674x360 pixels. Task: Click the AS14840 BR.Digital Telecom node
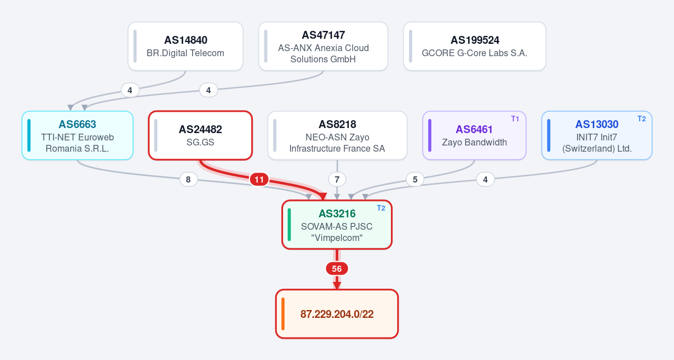click(185, 46)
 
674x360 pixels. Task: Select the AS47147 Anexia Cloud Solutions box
click(323, 46)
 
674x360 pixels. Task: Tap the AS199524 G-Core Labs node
click(475, 46)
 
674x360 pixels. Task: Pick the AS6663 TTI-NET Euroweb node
click(78, 135)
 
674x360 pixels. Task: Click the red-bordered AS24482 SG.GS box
click(201, 135)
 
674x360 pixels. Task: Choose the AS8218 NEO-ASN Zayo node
click(338, 135)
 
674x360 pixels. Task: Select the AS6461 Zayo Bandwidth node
click(474, 135)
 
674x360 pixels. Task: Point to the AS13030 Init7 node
click(596, 135)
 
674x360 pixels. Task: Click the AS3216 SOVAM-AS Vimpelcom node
click(337, 225)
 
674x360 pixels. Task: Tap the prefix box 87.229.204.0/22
click(337, 314)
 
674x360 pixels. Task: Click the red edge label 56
click(337, 268)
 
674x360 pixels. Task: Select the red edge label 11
click(259, 180)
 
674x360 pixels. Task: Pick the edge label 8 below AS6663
click(188, 180)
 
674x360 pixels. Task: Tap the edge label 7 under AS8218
click(337, 180)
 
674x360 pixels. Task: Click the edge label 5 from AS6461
click(415, 180)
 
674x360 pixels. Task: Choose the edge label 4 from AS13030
click(485, 180)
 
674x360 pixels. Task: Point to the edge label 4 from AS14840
click(130, 90)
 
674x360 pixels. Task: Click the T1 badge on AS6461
click(515, 119)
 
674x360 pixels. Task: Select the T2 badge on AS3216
click(381, 208)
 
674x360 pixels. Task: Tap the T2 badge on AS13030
click(641, 119)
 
